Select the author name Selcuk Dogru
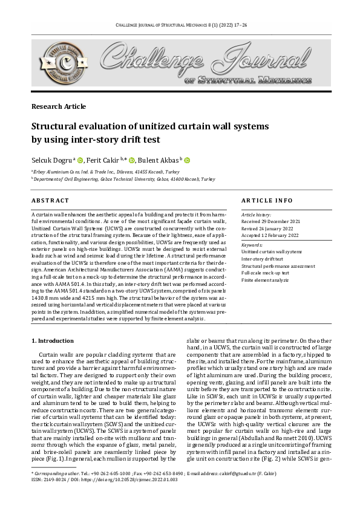coord(51,160)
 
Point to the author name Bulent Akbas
coord(162,160)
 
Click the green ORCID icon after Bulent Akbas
coord(187,160)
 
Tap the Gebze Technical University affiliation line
coord(124,180)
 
